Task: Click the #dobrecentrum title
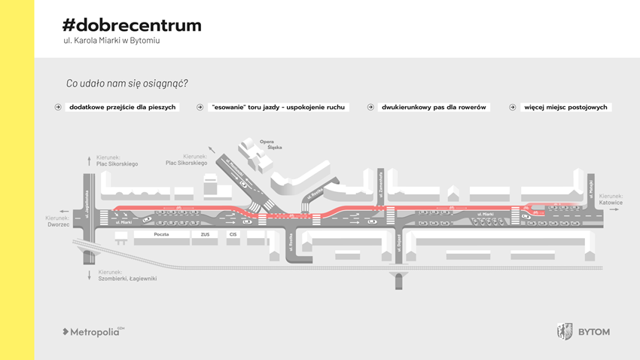[133, 25]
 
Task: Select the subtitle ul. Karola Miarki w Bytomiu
[111, 41]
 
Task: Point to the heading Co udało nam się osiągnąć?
[127, 83]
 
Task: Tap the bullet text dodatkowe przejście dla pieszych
[122, 108]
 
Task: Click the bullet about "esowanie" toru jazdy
[278, 108]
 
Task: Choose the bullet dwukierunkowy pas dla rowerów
[434, 108]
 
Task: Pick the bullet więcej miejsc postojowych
[565, 108]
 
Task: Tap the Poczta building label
[161, 235]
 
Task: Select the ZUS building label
[205, 235]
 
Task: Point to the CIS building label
[233, 235]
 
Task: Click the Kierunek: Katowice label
[611, 200]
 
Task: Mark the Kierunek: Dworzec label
[58, 221]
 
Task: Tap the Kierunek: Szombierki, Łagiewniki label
[127, 275]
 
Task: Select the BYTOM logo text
[594, 331]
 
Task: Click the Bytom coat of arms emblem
[564, 331]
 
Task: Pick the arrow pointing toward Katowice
[615, 210]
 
